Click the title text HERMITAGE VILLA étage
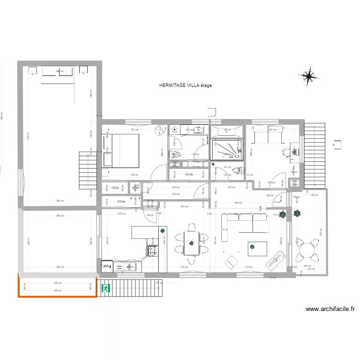pyautogui.click(x=186, y=85)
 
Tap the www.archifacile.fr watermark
pyautogui.click(x=329, y=310)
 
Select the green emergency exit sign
pyautogui.click(x=106, y=288)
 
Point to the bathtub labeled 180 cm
pyautogui.click(x=227, y=132)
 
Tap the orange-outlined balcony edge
pyautogui.click(x=58, y=296)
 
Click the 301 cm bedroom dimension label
pyautogui.click(x=135, y=129)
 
